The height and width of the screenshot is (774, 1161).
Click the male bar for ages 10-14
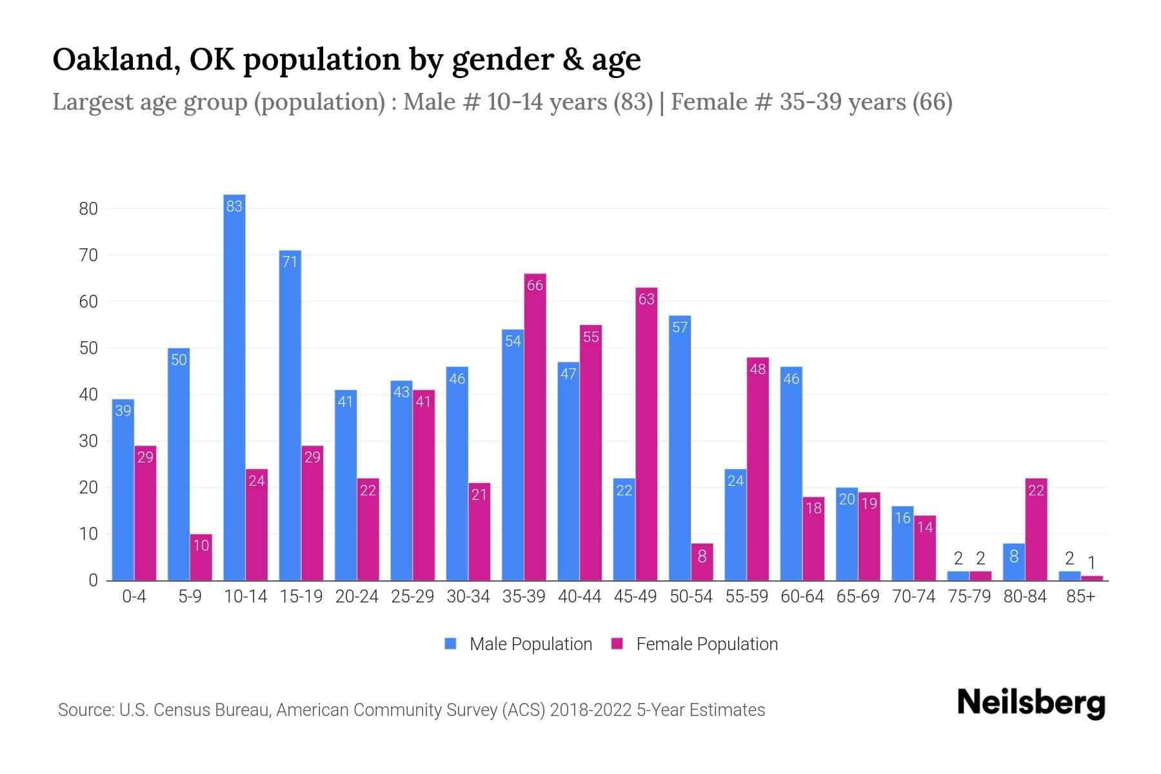(x=234, y=387)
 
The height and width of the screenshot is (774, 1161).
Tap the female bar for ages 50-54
(x=702, y=562)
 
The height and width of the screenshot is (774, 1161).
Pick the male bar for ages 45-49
(x=624, y=529)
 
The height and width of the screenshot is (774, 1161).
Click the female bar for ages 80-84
(x=1036, y=529)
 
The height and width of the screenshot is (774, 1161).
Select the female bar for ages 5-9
(x=201, y=557)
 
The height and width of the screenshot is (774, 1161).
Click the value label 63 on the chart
(x=646, y=299)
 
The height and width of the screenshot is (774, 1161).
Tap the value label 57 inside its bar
(x=680, y=327)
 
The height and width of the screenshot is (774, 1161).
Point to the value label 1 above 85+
(x=1091, y=562)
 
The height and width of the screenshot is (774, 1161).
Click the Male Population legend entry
(x=518, y=644)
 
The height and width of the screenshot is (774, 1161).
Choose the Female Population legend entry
(x=694, y=644)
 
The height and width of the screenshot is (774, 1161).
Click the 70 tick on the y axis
(x=88, y=255)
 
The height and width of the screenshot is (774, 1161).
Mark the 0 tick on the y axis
(x=93, y=580)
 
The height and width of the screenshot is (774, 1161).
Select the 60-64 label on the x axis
(x=802, y=597)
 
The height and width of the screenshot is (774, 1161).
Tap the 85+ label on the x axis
(x=1080, y=597)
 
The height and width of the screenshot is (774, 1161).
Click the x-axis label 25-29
(x=412, y=597)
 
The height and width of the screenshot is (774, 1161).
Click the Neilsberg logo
(x=1031, y=702)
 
